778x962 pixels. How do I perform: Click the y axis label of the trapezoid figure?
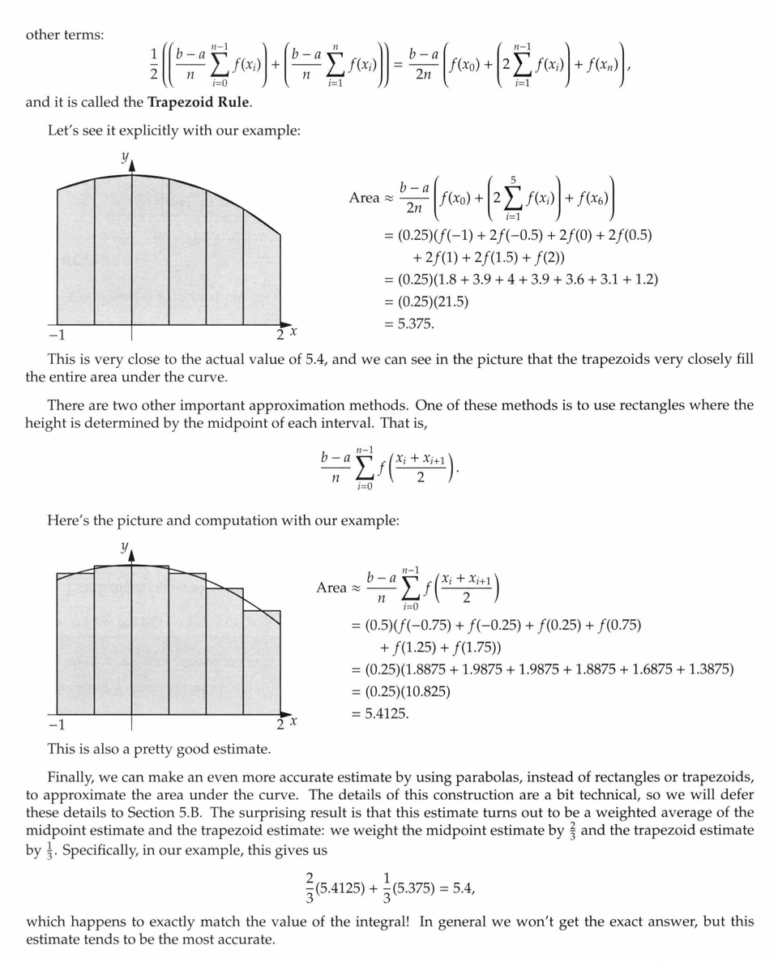pos(125,158)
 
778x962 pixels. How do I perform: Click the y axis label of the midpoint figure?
pos(125,547)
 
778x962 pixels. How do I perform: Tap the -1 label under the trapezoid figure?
pos(56,334)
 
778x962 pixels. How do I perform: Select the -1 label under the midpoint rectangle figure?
pos(56,724)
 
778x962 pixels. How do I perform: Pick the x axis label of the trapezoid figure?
pos(293,331)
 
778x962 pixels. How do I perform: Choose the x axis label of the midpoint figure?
pos(293,720)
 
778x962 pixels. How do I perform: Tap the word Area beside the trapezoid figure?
pos(364,198)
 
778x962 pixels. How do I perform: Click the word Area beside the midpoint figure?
pos(331,588)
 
